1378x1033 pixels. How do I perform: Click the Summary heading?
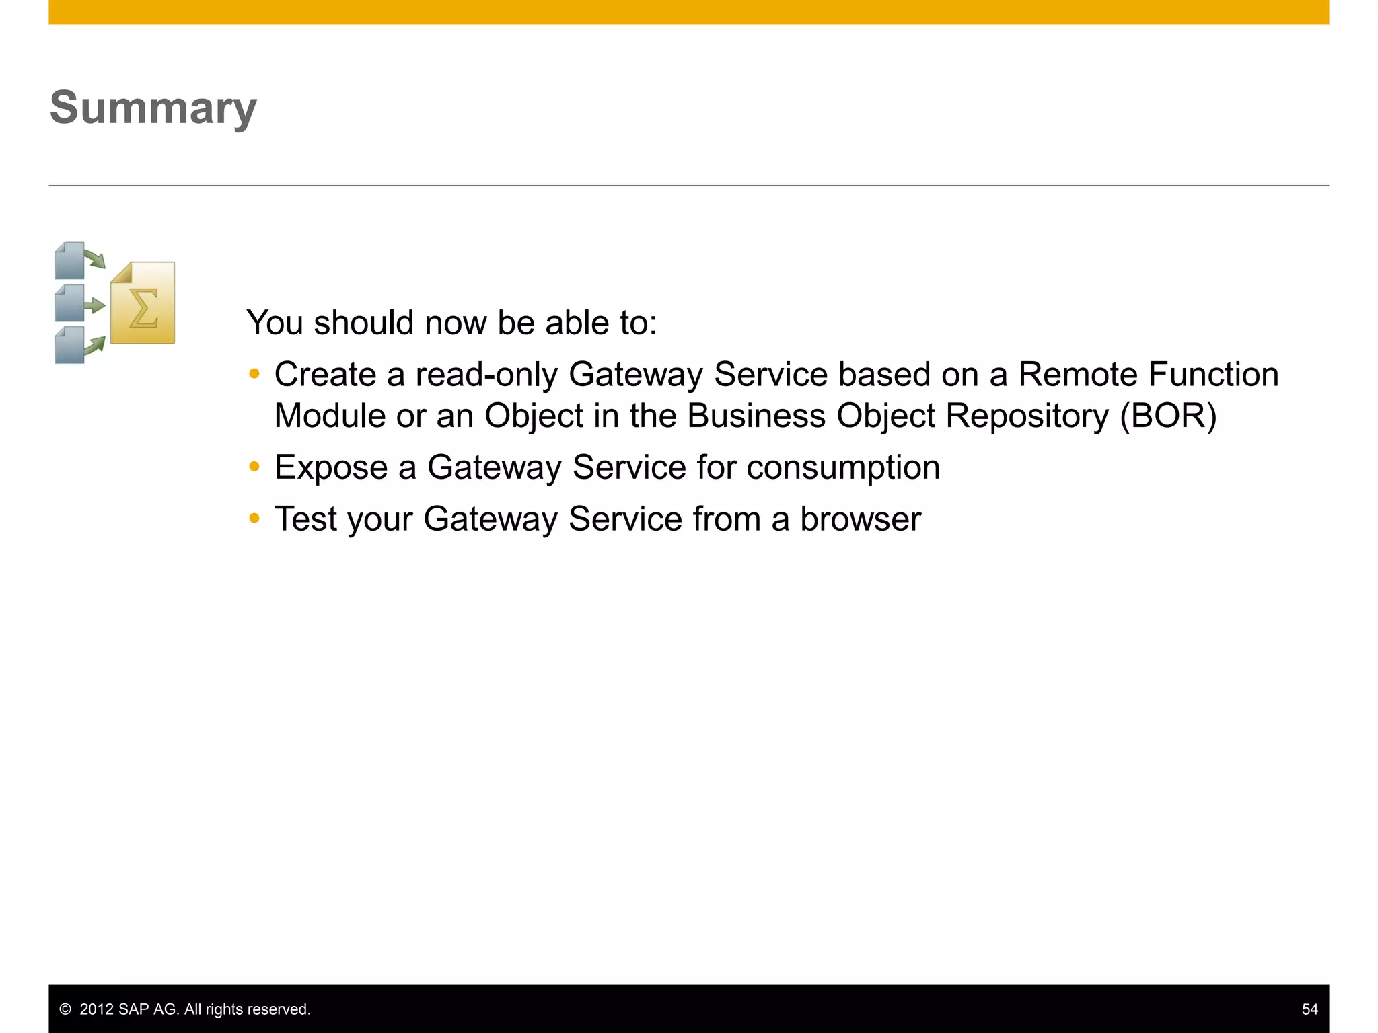point(153,108)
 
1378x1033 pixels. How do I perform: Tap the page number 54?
point(1309,1009)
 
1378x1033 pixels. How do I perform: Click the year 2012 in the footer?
point(96,1009)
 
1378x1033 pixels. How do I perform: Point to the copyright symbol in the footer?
point(65,1009)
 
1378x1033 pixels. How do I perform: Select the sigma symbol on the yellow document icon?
point(143,308)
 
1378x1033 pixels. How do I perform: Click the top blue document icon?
point(70,260)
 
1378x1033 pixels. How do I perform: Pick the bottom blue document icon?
point(70,344)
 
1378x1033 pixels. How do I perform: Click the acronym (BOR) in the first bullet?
point(1168,416)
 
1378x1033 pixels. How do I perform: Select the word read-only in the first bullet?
point(486,375)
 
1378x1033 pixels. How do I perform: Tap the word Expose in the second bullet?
point(330,468)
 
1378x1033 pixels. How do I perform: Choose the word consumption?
point(843,468)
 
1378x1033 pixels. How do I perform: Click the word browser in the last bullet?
point(860,520)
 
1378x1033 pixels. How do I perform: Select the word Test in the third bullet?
point(305,520)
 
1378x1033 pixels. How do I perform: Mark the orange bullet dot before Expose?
point(254,467)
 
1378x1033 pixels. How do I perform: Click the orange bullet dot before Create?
point(254,374)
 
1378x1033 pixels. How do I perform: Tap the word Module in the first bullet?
point(330,416)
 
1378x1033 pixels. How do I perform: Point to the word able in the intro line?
point(573,323)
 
